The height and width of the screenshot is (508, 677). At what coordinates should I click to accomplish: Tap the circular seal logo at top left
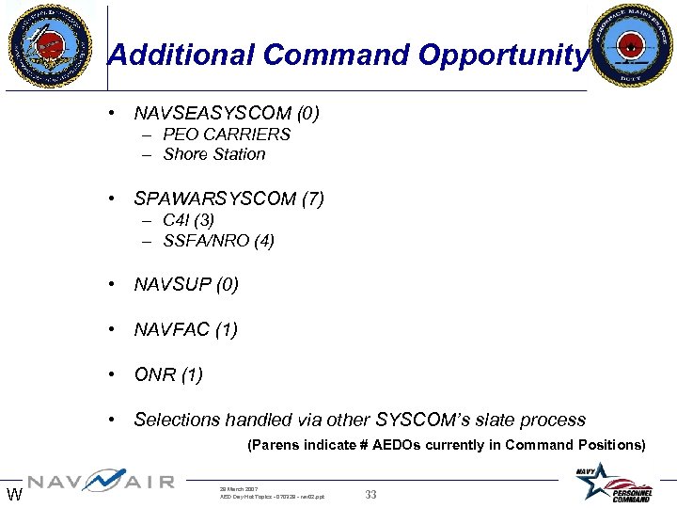[50, 44]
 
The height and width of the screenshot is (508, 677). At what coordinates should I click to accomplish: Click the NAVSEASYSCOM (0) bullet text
[227, 114]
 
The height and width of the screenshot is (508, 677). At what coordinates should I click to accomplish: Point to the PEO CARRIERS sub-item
[226, 135]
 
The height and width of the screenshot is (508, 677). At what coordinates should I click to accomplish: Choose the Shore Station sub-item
[213, 154]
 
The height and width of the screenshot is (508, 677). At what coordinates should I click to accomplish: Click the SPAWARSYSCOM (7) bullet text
[228, 198]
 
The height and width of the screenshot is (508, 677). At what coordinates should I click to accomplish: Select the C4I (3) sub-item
[188, 220]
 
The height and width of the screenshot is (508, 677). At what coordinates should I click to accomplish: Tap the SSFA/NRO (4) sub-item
[218, 241]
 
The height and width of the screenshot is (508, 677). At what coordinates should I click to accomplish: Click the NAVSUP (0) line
[186, 284]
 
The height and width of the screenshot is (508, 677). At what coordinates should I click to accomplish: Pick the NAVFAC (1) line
[185, 329]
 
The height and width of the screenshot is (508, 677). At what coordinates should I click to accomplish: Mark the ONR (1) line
[168, 374]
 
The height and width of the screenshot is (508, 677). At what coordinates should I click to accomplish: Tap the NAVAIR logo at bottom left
[100, 483]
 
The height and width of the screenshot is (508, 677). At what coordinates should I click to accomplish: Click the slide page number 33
[370, 495]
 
